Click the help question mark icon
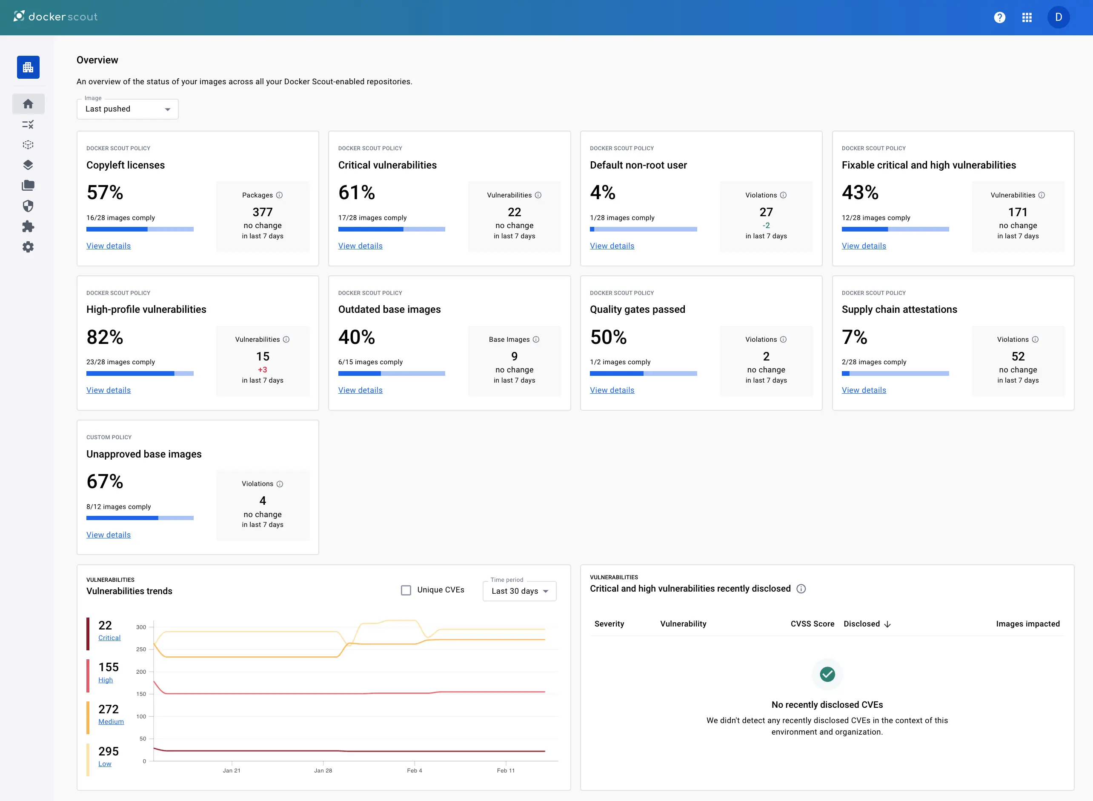tap(999, 17)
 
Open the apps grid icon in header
tap(1027, 17)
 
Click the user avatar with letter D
tap(1058, 17)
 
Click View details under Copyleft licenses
tap(109, 246)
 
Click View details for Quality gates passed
tap(612, 390)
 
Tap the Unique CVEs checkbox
tap(406, 590)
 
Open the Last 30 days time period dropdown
tap(519, 591)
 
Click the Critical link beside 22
tap(109, 638)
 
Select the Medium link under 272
tap(111, 721)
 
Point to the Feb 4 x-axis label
tap(414, 770)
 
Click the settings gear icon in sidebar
tap(28, 247)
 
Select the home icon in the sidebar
tap(28, 104)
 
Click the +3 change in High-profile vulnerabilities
tap(262, 370)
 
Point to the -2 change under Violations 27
tap(766, 226)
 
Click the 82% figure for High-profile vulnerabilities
tap(105, 337)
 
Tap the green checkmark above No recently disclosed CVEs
tap(827, 674)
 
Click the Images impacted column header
tap(1027, 624)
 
